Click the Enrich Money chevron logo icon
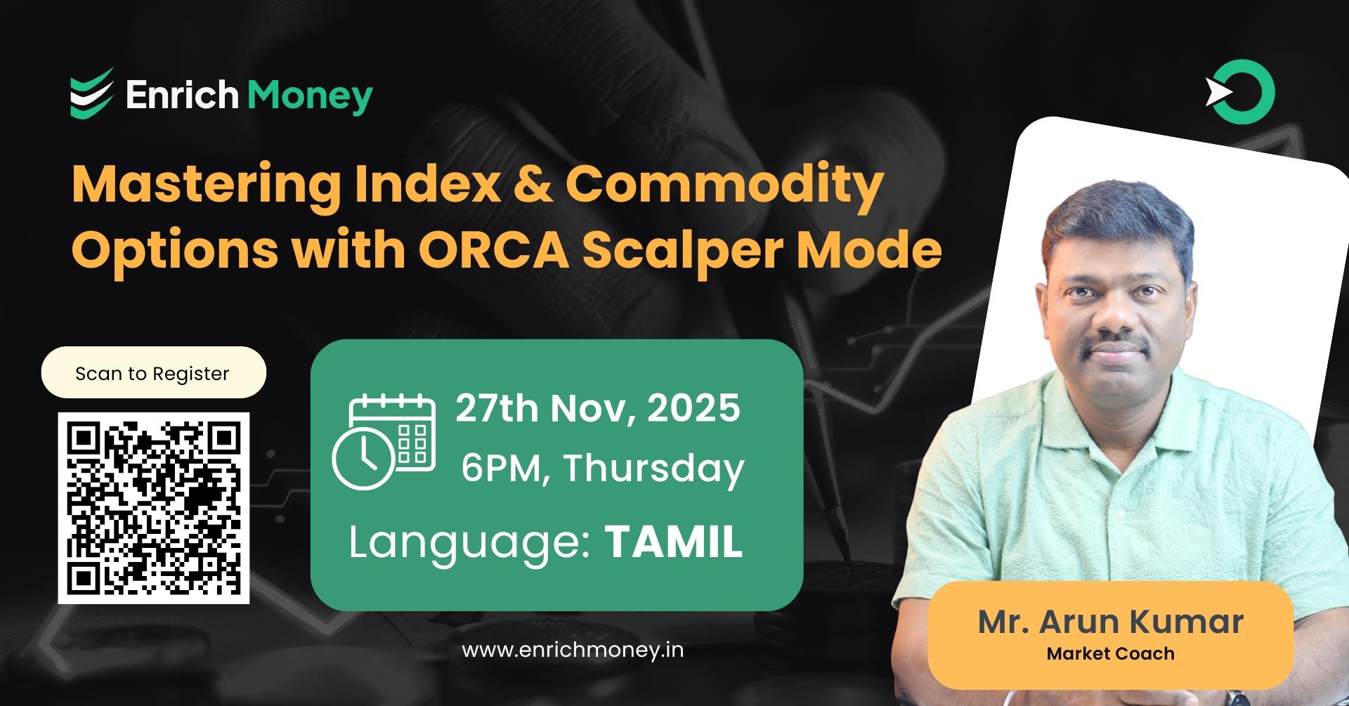(x=91, y=93)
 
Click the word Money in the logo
(x=310, y=96)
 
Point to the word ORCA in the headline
(x=493, y=250)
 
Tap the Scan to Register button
(x=153, y=373)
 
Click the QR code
(x=154, y=508)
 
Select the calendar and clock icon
(x=384, y=442)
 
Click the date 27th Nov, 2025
(x=597, y=408)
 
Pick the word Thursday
(x=653, y=469)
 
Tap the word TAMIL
(x=673, y=542)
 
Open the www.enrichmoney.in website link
(x=573, y=650)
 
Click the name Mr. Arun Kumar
(x=1110, y=622)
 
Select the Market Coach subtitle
(x=1110, y=654)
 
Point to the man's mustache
(x=1115, y=344)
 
